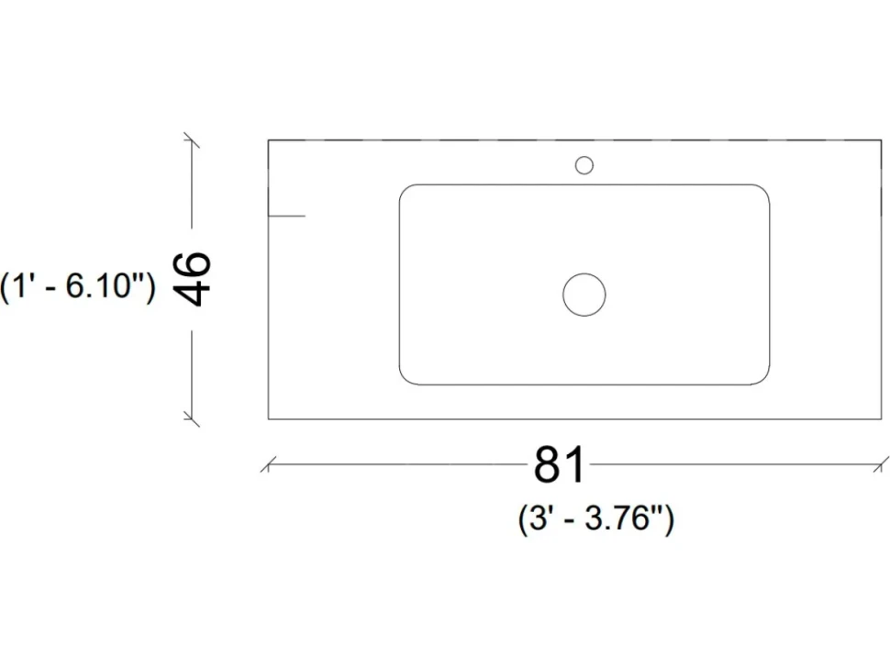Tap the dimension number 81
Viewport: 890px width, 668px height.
point(559,464)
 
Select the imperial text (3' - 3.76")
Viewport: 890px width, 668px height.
point(596,518)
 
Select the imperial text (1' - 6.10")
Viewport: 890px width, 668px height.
point(78,285)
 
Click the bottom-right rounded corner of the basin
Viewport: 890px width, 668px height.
point(764,380)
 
